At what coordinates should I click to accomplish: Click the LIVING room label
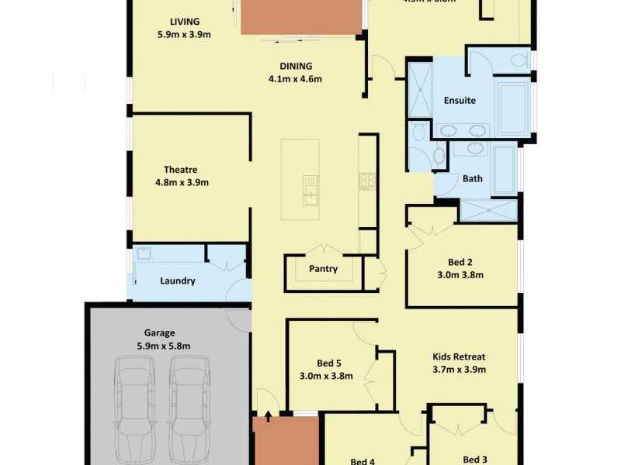[x=184, y=21]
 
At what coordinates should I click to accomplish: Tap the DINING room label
[x=296, y=66]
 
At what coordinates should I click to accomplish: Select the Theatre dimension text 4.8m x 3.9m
[x=182, y=183]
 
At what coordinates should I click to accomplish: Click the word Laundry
[x=178, y=281]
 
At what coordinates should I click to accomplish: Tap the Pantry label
[x=322, y=269]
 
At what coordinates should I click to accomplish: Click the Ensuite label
[x=460, y=101]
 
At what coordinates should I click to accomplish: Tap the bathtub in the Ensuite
[x=512, y=105]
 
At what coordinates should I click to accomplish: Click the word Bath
[x=472, y=178]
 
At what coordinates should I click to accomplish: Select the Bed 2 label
[x=460, y=262]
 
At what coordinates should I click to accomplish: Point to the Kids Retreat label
[x=459, y=357]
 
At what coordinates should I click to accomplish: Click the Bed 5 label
[x=329, y=363]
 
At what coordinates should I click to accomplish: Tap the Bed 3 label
[x=475, y=460]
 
